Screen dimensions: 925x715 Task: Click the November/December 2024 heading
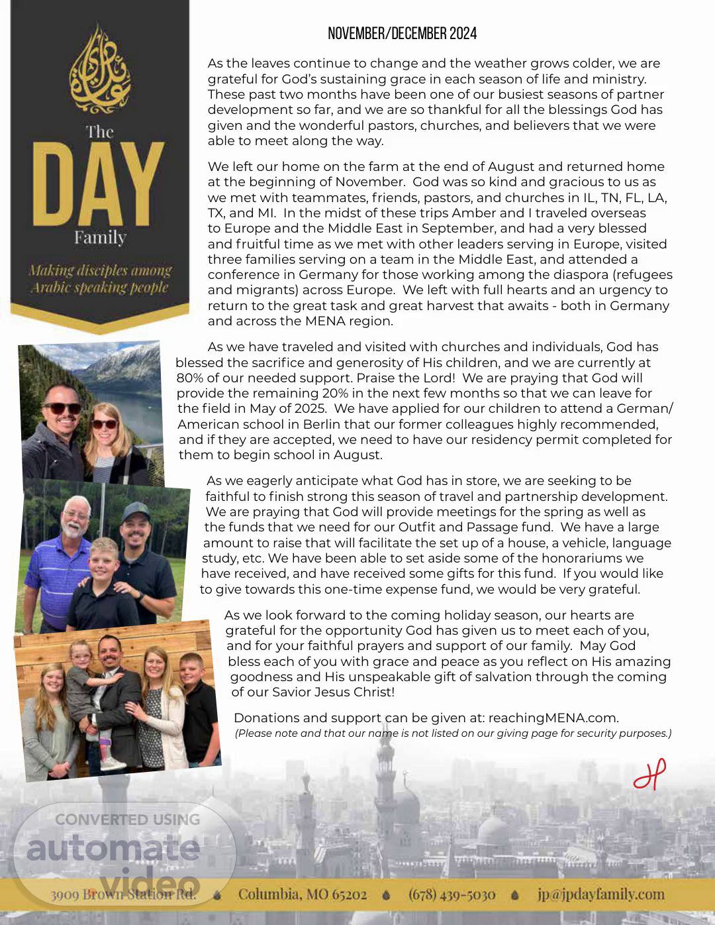pos(402,34)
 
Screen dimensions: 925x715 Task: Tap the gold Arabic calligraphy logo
pos(100,70)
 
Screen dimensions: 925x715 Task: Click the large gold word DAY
pos(99,184)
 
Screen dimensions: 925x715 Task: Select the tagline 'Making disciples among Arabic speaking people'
pos(100,279)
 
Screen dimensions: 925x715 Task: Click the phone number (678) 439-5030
pos(452,895)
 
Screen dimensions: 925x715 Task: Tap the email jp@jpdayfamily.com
pos(600,895)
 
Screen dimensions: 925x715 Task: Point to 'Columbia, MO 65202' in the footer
pos(302,895)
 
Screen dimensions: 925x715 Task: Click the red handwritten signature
pos(649,775)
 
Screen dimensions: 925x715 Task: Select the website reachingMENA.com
pos(553,718)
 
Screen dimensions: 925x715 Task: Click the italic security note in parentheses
pos(453,734)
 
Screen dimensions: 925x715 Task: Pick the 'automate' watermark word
pos(113,848)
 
